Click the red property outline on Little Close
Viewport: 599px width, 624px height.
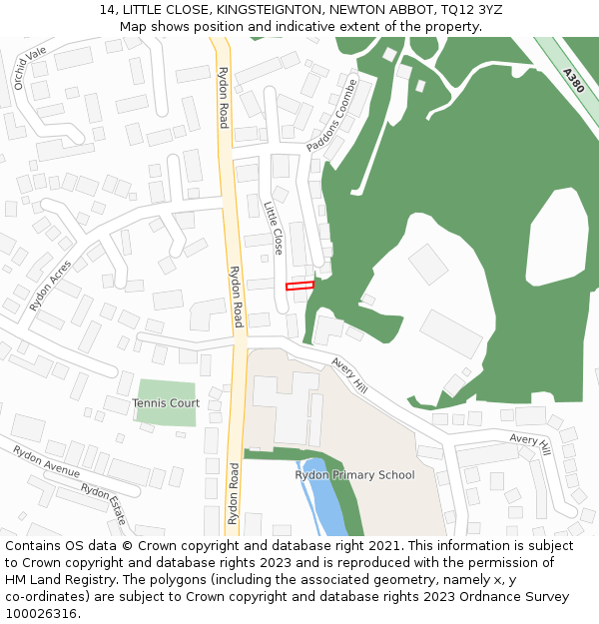[x=299, y=286]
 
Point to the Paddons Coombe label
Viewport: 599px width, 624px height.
[x=331, y=129]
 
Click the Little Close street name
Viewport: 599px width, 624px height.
[x=274, y=228]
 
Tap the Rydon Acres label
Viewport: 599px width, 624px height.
[x=51, y=286]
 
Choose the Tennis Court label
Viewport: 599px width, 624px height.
[x=166, y=403]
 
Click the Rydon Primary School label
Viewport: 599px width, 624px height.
[x=354, y=475]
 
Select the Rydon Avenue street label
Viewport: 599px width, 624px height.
[x=46, y=461]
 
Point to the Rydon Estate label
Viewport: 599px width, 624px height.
[x=104, y=504]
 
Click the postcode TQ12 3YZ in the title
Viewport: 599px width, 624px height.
[x=470, y=10]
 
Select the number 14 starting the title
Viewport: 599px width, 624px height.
[x=107, y=10]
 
